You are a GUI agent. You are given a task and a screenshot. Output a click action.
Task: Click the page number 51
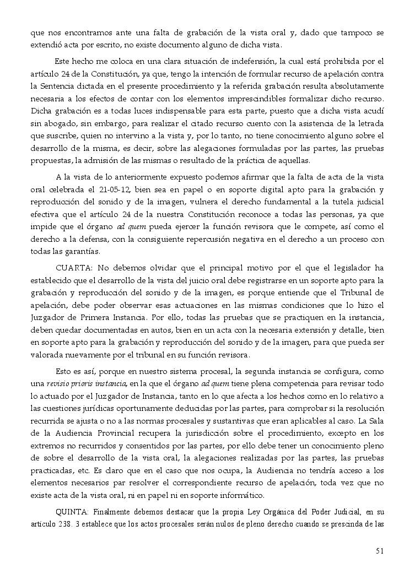[380, 550]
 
